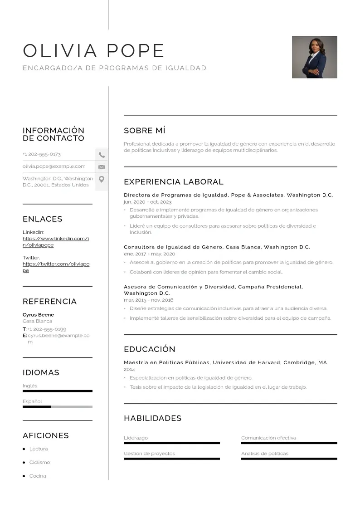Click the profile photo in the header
pyautogui.click(x=314, y=57)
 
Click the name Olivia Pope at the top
pyautogui.click(x=93, y=51)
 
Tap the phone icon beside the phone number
pyautogui.click(x=102, y=155)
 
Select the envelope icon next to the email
pyautogui.click(x=102, y=167)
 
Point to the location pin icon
pyautogui.click(x=102, y=179)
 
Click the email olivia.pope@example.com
pyautogui.click(x=54, y=166)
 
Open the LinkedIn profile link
pyautogui.click(x=55, y=242)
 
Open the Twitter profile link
pyautogui.click(x=56, y=267)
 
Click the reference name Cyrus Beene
pyautogui.click(x=38, y=315)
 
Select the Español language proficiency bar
pyautogui.click(x=57, y=407)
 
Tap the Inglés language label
pyautogui.click(x=30, y=386)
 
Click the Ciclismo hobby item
pyautogui.click(x=39, y=463)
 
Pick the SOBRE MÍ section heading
pyautogui.click(x=144, y=131)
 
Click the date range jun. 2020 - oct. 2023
pyautogui.click(x=147, y=202)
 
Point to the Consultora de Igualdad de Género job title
pyautogui.click(x=217, y=247)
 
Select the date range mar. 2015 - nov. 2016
pyautogui.click(x=148, y=300)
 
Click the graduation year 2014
pyautogui.click(x=129, y=370)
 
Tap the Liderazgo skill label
pyautogui.click(x=136, y=438)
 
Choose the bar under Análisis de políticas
pyautogui.click(x=289, y=459)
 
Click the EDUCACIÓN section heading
pyautogui.click(x=149, y=349)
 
